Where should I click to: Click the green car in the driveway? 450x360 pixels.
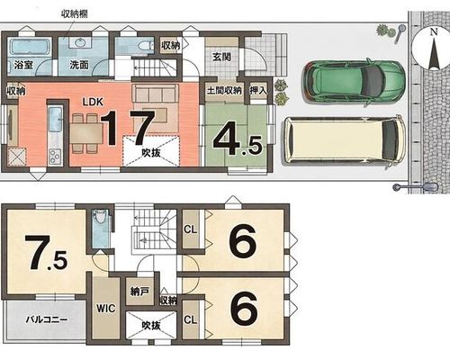pos(354,81)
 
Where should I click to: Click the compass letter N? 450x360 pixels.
pos(433,31)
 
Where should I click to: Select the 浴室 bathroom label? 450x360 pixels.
pos(23,65)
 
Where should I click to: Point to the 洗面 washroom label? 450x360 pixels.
pos(79,65)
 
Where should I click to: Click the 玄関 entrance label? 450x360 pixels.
pos(221,57)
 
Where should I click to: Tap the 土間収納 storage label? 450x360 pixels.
pos(224,90)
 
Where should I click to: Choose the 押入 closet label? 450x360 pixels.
pos(258,90)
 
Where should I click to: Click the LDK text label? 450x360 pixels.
pos(93,102)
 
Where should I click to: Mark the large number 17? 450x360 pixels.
pos(128,128)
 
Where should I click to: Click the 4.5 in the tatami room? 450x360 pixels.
pos(238,142)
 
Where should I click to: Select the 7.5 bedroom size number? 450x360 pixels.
pos(46,252)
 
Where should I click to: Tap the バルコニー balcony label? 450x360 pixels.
pos(46,319)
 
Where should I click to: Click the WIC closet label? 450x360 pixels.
pos(106,308)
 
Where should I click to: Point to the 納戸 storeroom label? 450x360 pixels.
pos(139,292)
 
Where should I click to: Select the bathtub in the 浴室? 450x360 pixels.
pos(28,47)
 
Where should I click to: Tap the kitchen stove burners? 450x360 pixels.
pos(55,156)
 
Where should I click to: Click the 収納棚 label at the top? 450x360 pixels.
pos(75,13)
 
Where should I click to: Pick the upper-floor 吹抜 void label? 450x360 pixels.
pos(151,326)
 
